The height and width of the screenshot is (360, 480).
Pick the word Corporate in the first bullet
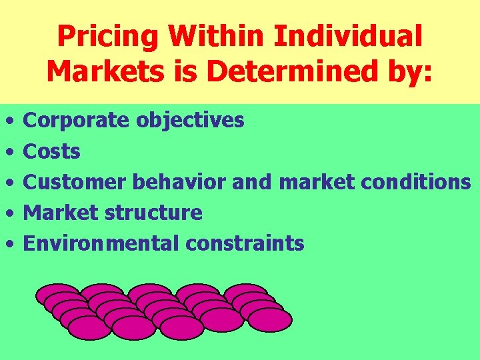tap(77, 121)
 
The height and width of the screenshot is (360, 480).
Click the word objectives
tap(190, 121)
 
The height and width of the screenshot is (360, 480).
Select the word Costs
tap(51, 152)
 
